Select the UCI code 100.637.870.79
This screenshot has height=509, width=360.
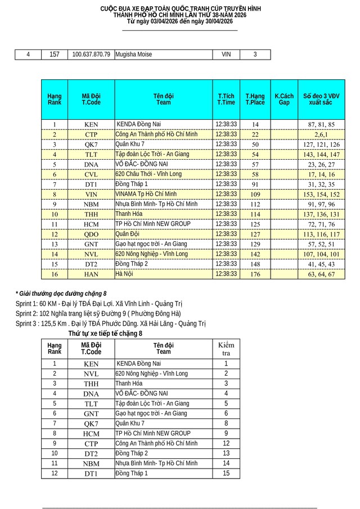(x=91, y=55)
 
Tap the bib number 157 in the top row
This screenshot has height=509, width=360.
(x=55, y=55)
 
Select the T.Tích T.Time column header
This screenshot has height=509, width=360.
(x=226, y=100)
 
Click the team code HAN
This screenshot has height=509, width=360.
(x=91, y=274)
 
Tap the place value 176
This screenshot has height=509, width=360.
(x=255, y=274)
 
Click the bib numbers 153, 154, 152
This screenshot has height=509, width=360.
(x=321, y=195)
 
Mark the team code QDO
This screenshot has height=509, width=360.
(x=91, y=235)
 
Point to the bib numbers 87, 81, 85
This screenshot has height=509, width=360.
(x=321, y=124)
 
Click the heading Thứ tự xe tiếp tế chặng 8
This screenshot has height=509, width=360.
(x=105, y=334)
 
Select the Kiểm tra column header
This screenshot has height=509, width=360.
(x=226, y=348)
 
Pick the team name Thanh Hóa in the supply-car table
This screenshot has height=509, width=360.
(x=129, y=384)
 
